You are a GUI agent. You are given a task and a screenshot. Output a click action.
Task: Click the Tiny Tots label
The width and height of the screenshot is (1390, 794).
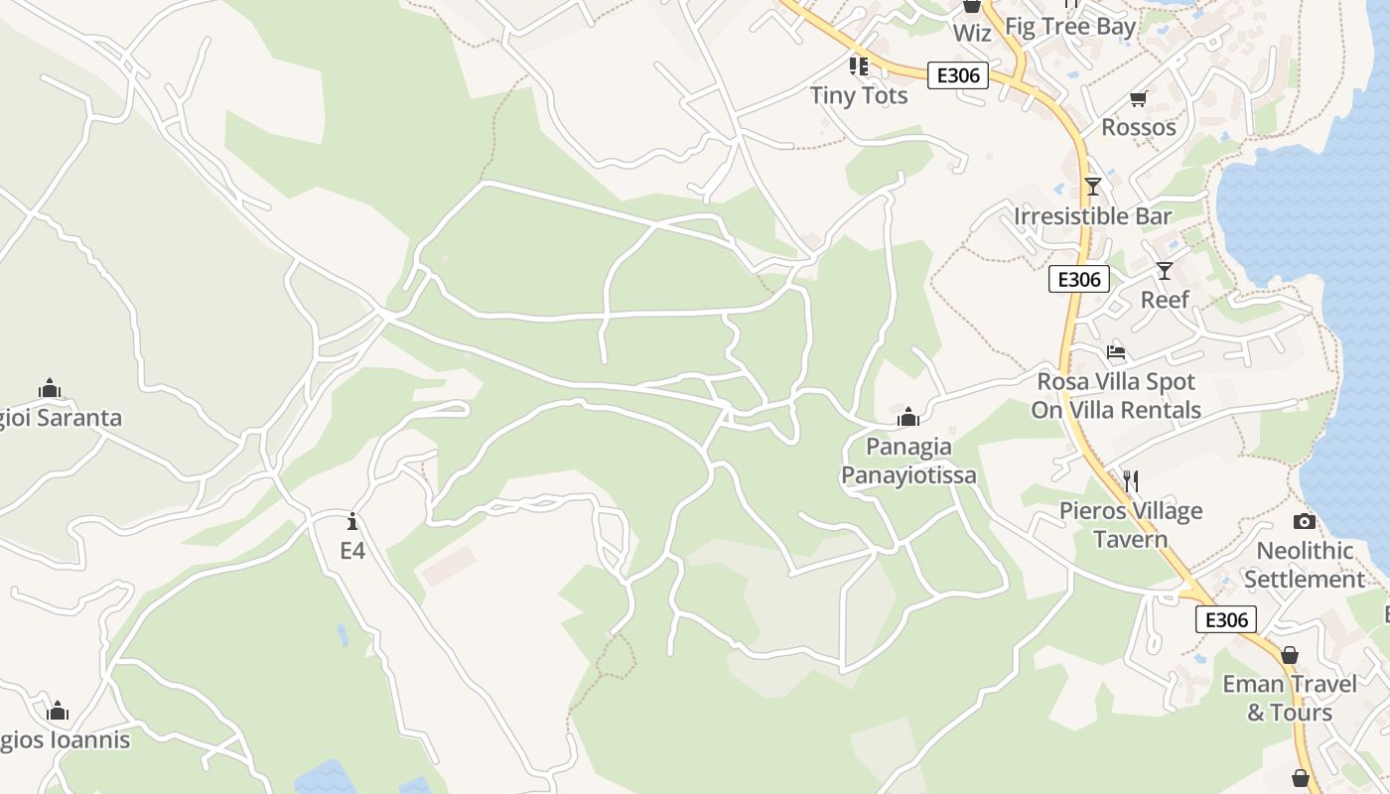(859, 95)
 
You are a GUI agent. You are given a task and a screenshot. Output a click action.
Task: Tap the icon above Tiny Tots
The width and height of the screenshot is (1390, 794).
(859, 66)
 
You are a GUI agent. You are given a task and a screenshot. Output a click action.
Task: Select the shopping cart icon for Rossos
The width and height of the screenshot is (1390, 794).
(1138, 98)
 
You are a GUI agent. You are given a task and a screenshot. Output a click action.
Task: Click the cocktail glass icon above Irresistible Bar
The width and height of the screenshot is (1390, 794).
(1093, 186)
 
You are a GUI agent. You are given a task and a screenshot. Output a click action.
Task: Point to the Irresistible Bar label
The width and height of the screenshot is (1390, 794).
(1093, 215)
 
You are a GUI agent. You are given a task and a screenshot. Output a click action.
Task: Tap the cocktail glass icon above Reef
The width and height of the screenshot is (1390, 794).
(1165, 270)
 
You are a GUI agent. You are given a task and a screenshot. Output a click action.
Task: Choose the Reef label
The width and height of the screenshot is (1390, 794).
(1165, 299)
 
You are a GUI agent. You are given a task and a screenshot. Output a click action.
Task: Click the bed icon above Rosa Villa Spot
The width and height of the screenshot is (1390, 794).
(1116, 352)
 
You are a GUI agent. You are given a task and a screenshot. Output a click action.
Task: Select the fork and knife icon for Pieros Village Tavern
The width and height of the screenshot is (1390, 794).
(1131, 481)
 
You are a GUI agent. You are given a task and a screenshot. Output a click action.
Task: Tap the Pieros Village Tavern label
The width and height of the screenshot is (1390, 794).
(1131, 525)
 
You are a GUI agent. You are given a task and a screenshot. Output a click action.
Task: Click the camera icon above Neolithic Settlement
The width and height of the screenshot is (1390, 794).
(1305, 521)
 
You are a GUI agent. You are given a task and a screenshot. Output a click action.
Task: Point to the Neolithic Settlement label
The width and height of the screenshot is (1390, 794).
(1305, 564)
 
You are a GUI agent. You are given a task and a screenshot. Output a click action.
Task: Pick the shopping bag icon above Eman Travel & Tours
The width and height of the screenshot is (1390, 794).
(1289, 655)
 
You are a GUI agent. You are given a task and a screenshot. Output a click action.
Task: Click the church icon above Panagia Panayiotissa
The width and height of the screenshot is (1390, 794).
(908, 417)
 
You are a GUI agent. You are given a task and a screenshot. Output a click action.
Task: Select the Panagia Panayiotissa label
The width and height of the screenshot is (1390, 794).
(908, 461)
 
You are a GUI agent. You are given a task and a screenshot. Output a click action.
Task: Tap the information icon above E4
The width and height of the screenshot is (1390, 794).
(352, 521)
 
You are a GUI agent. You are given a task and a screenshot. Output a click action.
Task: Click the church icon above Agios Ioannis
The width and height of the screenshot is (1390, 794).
(58, 711)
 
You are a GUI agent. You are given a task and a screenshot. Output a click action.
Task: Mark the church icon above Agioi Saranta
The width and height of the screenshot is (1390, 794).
(50, 388)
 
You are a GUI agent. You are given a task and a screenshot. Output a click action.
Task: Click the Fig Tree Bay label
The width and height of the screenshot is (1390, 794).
(1070, 26)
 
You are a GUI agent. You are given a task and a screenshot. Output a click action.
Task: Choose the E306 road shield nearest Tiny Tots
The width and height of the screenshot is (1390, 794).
(958, 75)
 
